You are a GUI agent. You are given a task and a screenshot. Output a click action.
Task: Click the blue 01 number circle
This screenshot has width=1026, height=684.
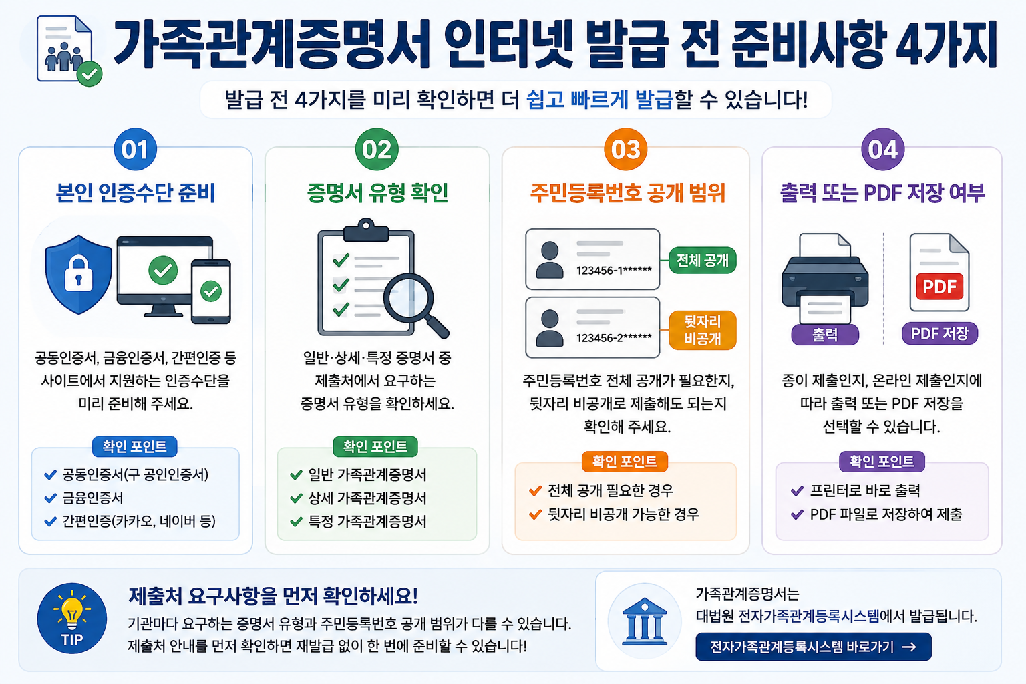135,150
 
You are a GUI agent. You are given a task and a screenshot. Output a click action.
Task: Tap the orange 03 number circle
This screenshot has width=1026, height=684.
625,150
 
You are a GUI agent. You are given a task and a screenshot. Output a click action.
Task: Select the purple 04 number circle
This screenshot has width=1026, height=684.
882,150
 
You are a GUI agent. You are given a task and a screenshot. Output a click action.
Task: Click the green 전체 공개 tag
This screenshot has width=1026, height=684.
702,261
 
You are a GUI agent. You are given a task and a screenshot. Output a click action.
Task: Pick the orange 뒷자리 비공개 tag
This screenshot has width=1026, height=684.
702,330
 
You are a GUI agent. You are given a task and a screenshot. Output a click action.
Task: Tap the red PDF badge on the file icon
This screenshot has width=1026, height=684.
939,287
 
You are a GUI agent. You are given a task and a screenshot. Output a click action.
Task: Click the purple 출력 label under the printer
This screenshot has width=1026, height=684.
824,335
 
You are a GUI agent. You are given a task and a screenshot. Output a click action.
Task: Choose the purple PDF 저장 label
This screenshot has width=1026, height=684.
939,333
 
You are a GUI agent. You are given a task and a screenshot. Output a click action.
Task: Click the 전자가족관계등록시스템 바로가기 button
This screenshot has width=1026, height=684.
813,647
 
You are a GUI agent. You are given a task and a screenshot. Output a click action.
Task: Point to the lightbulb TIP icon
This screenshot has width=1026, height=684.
72,618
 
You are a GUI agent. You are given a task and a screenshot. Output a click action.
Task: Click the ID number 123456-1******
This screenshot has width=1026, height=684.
614,270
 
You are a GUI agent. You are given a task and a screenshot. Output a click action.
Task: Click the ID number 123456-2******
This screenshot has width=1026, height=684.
614,337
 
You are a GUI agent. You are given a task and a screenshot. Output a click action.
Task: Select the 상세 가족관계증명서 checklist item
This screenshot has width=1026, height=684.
359,498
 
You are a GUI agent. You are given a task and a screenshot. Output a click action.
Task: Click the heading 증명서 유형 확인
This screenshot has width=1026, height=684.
377,192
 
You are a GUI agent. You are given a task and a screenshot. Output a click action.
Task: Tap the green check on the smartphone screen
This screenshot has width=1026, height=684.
210,291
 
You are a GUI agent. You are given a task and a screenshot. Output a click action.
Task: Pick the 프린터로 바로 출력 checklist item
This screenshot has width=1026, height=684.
856,491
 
